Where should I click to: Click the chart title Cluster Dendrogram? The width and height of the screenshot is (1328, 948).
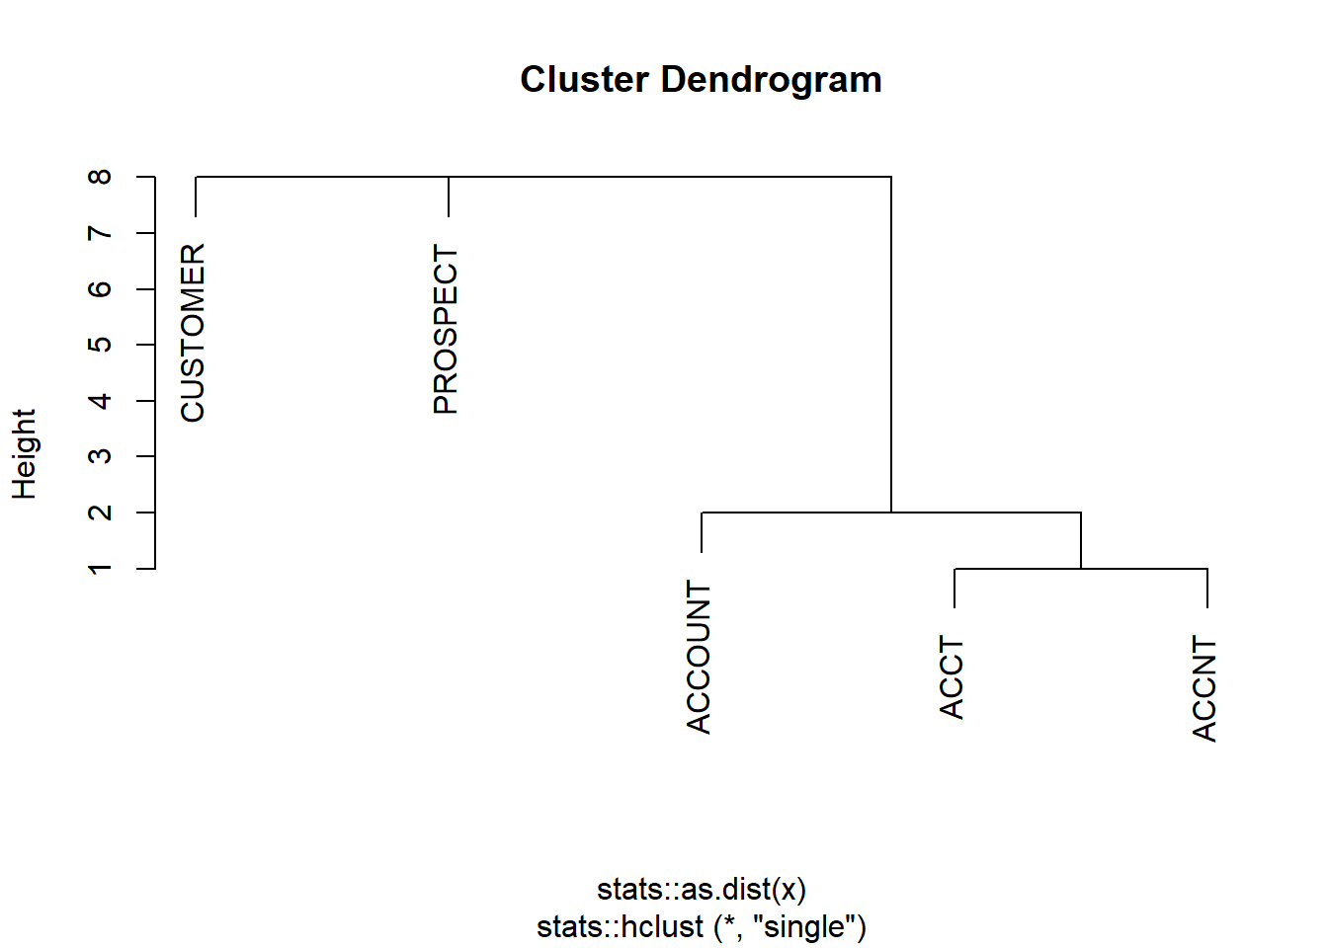[701, 79]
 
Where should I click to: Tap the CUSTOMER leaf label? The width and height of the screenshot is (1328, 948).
[193, 333]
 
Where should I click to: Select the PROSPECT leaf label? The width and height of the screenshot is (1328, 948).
[446, 329]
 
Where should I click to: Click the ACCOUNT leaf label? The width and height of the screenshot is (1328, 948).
[699, 657]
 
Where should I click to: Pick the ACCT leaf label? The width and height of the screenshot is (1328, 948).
[952, 677]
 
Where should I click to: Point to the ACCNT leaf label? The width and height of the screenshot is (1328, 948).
[1204, 688]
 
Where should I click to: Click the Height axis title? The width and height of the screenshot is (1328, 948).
[24, 454]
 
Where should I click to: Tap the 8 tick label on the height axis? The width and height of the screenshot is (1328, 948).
[100, 177]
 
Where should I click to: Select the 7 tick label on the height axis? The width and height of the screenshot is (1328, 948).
[100, 233]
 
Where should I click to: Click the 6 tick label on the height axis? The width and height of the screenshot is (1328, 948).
[100, 288]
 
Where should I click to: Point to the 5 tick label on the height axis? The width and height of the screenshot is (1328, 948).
[100, 345]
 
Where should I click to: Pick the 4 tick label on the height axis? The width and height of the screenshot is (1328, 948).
[100, 401]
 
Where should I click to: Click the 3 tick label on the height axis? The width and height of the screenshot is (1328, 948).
[100, 456]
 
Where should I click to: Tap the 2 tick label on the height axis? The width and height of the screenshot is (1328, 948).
[100, 512]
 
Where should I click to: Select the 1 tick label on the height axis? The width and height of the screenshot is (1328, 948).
[100, 568]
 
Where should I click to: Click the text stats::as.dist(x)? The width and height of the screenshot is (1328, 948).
[702, 890]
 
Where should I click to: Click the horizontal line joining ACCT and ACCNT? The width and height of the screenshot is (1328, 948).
[1081, 569]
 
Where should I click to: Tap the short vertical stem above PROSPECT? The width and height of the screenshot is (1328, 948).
[449, 197]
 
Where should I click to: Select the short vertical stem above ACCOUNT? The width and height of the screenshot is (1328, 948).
[702, 532]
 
